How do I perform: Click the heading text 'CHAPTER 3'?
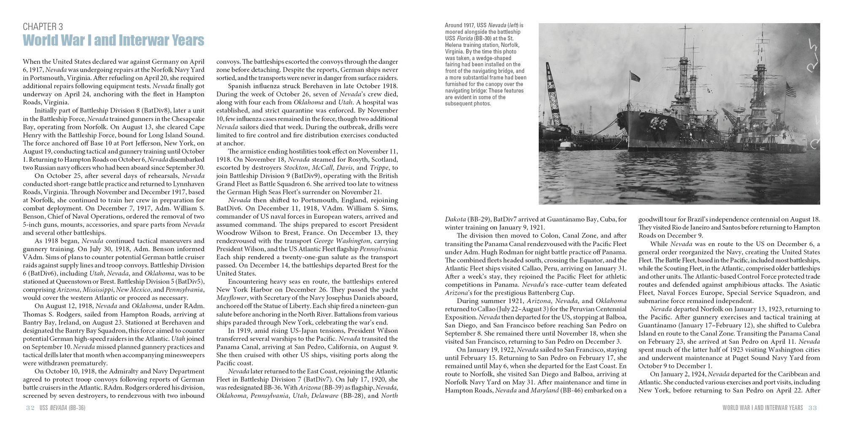43,27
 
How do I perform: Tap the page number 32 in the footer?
30,408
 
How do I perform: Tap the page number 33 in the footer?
813,408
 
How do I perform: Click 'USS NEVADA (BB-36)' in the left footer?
62,408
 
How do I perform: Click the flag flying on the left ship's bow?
635,77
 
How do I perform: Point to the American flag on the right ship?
791,89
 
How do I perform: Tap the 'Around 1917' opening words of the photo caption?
459,25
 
